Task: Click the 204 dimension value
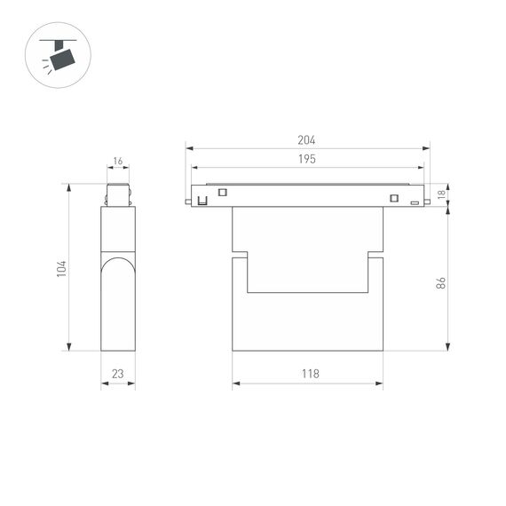307,140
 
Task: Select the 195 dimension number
307,159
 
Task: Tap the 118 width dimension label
308,374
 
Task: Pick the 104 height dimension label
60,267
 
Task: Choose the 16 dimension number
118,162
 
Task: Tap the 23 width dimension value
118,374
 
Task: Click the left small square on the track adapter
223,193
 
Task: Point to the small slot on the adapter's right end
414,203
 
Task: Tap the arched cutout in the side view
118,293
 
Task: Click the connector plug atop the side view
118,194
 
